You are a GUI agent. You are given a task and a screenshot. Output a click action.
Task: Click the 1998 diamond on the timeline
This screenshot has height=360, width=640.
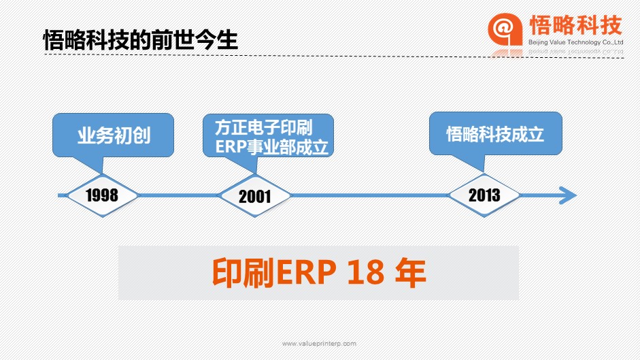[x=102, y=195]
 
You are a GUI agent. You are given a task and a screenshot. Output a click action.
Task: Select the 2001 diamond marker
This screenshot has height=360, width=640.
[x=254, y=196]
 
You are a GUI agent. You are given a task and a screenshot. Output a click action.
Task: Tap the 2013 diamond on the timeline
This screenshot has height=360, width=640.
[x=484, y=195]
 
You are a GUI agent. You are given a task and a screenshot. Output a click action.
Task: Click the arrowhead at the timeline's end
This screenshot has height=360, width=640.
[x=568, y=195]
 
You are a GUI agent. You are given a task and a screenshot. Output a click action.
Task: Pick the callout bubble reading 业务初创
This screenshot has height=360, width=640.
[x=113, y=135]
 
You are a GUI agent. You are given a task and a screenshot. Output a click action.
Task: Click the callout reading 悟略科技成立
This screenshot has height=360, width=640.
[x=496, y=134]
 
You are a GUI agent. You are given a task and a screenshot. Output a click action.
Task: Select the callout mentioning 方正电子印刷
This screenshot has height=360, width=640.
[x=268, y=136]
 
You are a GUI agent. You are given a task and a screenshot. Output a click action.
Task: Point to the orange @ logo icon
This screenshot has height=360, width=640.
[x=505, y=29]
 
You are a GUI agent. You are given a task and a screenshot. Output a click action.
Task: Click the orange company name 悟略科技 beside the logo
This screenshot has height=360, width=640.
[x=575, y=25]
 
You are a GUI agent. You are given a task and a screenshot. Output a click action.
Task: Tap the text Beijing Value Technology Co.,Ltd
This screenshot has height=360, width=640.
[x=575, y=42]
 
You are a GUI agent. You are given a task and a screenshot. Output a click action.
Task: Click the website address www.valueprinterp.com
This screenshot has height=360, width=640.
[x=319, y=344]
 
